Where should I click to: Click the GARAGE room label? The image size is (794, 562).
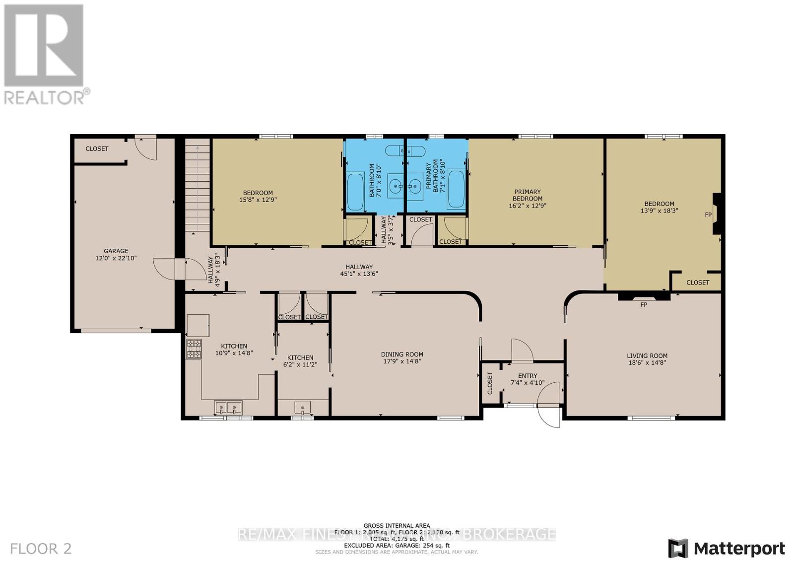pyautogui.click(x=116, y=251)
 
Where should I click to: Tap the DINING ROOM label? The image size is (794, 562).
pyautogui.click(x=402, y=354)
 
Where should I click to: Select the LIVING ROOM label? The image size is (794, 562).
pyautogui.click(x=647, y=355)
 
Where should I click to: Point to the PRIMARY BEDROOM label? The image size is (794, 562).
pyautogui.click(x=528, y=195)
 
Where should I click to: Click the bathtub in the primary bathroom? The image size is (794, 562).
pyautogui.click(x=456, y=189)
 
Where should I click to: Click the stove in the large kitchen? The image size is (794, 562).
pyautogui.click(x=194, y=349)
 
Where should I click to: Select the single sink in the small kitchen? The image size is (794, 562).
pyautogui.click(x=302, y=408)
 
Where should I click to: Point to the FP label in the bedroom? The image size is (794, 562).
pyautogui.click(x=708, y=215)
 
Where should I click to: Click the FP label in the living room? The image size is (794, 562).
pyautogui.click(x=644, y=305)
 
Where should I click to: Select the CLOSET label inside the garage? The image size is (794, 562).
pyautogui.click(x=97, y=149)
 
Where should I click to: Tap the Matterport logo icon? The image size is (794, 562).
pyautogui.click(x=678, y=548)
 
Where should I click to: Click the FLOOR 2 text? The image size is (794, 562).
pyautogui.click(x=41, y=549)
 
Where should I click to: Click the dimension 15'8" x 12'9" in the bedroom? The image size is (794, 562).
pyautogui.click(x=258, y=200)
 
